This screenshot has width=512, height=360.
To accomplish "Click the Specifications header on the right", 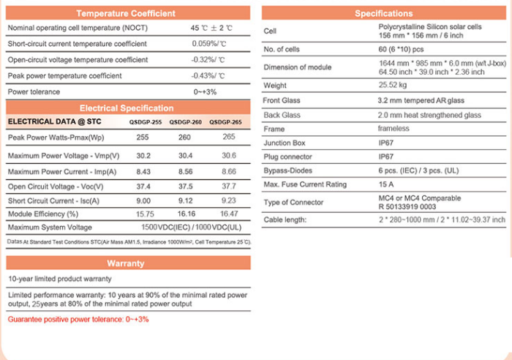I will (x=383, y=13).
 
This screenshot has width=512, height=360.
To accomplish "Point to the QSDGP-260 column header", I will (x=186, y=121).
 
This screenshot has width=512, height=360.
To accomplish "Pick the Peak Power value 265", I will (x=229, y=137).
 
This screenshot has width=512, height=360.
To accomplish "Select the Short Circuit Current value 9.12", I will (x=187, y=200).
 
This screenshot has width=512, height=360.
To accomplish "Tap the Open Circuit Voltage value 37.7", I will (x=229, y=186).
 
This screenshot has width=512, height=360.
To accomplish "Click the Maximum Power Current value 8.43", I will (x=144, y=171).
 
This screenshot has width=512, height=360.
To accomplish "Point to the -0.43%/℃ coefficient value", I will (x=208, y=75).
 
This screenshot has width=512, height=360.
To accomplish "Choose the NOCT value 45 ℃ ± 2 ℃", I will (x=211, y=28).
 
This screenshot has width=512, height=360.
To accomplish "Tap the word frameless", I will (x=394, y=129).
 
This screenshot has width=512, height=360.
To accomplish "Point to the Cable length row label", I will (x=285, y=220).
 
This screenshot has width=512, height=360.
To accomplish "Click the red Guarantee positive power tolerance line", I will (x=78, y=320).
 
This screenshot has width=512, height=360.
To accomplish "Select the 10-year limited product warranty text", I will (x=60, y=279).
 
